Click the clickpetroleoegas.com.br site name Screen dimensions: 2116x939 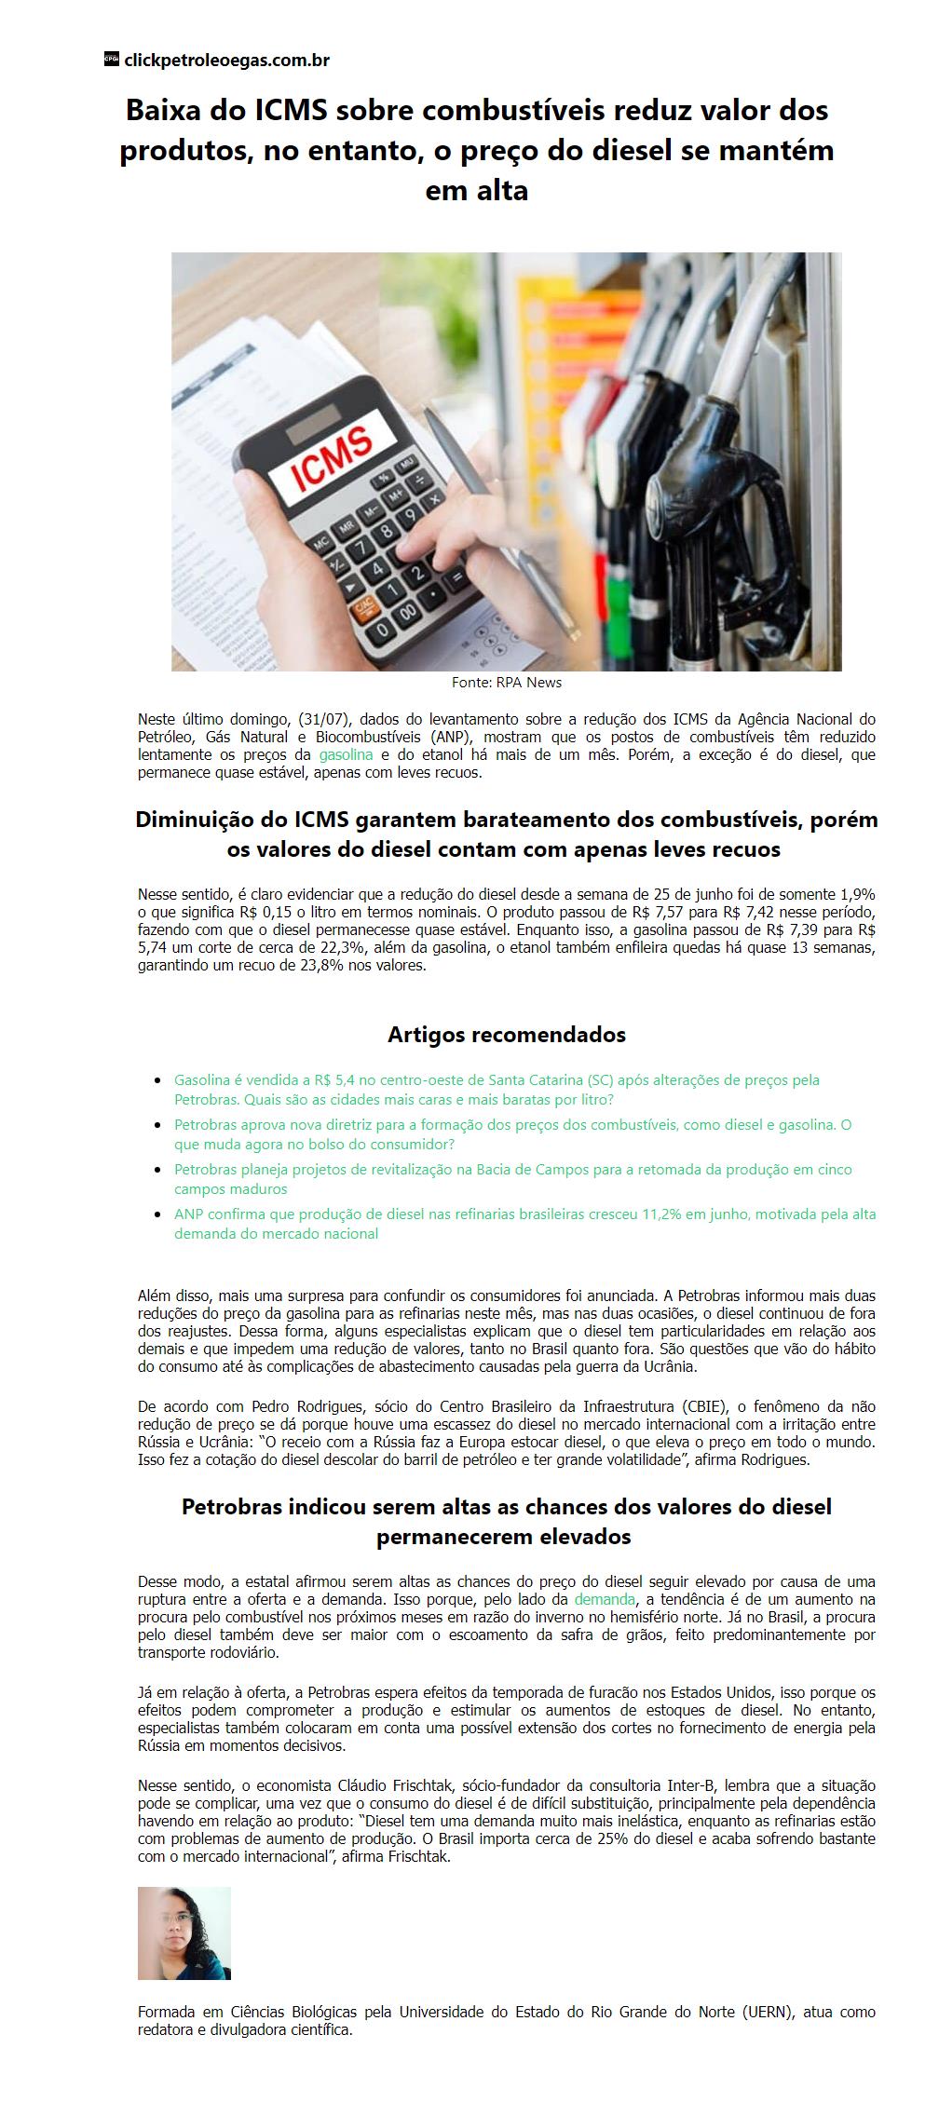pos(226,61)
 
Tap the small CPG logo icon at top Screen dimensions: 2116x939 pos(111,60)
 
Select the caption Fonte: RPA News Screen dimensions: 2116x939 pos(506,682)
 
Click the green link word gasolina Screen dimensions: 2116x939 pos(346,754)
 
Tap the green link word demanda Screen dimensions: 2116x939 pos(604,1598)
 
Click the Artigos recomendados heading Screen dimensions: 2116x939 pos(506,1034)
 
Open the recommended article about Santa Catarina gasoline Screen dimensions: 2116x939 pos(497,1090)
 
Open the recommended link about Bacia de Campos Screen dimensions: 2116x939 pos(512,1178)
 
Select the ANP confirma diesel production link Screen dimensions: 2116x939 pos(524,1223)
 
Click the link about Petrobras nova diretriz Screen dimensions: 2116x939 pos(512,1133)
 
